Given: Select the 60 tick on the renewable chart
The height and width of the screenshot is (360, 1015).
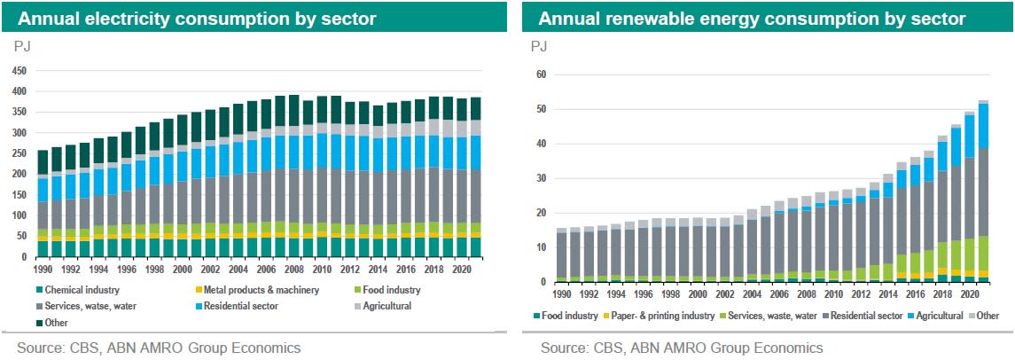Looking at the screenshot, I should pyautogui.click(x=538, y=74).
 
